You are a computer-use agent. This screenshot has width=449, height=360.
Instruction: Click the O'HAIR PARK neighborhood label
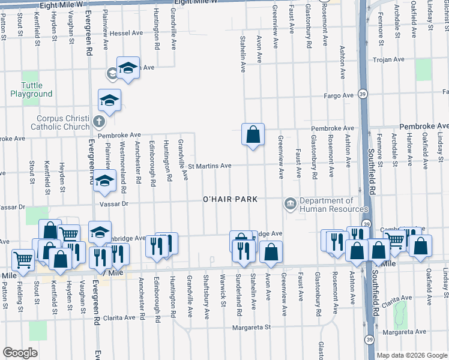pos(230,199)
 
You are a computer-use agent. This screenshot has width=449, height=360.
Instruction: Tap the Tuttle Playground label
pos(31,90)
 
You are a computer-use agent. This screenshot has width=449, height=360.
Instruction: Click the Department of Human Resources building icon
pos(291,205)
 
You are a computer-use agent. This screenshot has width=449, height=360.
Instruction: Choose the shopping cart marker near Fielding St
pos(23,260)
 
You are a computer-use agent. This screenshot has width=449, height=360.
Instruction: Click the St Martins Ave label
pos(209,166)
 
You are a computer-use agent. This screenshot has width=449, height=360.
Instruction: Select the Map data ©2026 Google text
pos(412,355)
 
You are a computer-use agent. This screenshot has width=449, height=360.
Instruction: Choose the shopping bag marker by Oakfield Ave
pos(421,246)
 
